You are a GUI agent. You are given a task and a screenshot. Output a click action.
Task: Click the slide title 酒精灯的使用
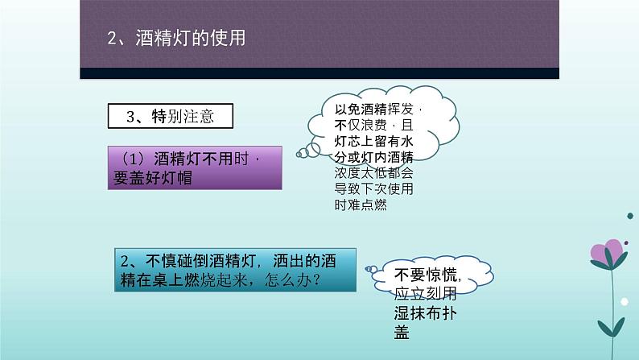[x=191, y=38]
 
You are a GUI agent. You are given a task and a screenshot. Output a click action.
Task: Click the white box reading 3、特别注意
[x=171, y=116]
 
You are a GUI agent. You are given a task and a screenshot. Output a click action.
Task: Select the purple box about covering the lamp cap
[x=195, y=168]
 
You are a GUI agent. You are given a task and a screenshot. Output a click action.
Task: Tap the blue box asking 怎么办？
[x=235, y=270]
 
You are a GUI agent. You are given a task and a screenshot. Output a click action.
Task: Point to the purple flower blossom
[x=608, y=252]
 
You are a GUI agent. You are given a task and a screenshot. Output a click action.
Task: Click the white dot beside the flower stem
[x=625, y=302]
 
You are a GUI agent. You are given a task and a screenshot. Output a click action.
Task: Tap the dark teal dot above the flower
[x=630, y=216]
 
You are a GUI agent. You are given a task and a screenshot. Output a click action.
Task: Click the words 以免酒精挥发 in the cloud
[x=374, y=110]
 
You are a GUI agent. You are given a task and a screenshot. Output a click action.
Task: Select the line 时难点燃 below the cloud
[x=361, y=205]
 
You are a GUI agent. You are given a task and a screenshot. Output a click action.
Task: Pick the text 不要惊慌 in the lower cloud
[x=426, y=275]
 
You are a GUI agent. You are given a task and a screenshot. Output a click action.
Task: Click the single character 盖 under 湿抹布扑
[x=402, y=333]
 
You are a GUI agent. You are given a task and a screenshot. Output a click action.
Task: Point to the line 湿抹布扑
[x=426, y=313]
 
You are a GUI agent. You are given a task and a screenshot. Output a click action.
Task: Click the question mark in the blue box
[x=315, y=280]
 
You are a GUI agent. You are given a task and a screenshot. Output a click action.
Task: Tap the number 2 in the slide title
[x=112, y=39]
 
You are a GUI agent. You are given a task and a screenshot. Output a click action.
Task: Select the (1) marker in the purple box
[x=134, y=158]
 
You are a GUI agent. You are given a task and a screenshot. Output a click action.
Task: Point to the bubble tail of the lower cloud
[x=371, y=269]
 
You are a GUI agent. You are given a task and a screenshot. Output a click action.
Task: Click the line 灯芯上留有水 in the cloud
[x=374, y=141]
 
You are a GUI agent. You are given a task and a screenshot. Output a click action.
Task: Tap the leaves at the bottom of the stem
[x=612, y=327]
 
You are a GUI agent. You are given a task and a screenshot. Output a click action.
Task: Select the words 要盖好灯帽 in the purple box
[x=153, y=178]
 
